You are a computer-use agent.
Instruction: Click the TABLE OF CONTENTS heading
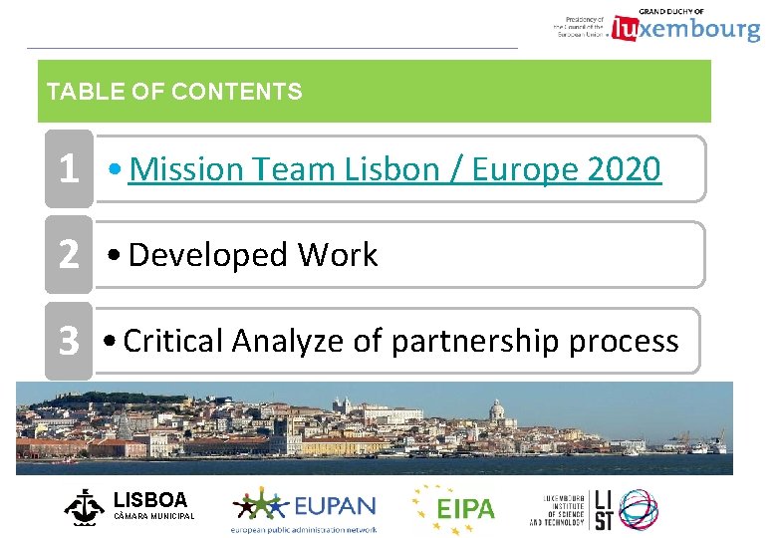click(x=174, y=93)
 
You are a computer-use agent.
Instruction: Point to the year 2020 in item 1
click(x=624, y=170)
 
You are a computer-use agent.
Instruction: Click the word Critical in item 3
click(x=173, y=342)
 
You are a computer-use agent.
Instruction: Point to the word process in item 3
click(x=624, y=342)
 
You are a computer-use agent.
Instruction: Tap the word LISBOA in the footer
click(x=150, y=499)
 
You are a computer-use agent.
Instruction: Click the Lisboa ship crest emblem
click(x=84, y=506)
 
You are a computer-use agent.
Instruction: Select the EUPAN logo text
click(x=334, y=506)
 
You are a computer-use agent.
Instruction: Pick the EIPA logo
click(x=454, y=507)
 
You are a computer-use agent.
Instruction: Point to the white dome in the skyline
click(x=496, y=410)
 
